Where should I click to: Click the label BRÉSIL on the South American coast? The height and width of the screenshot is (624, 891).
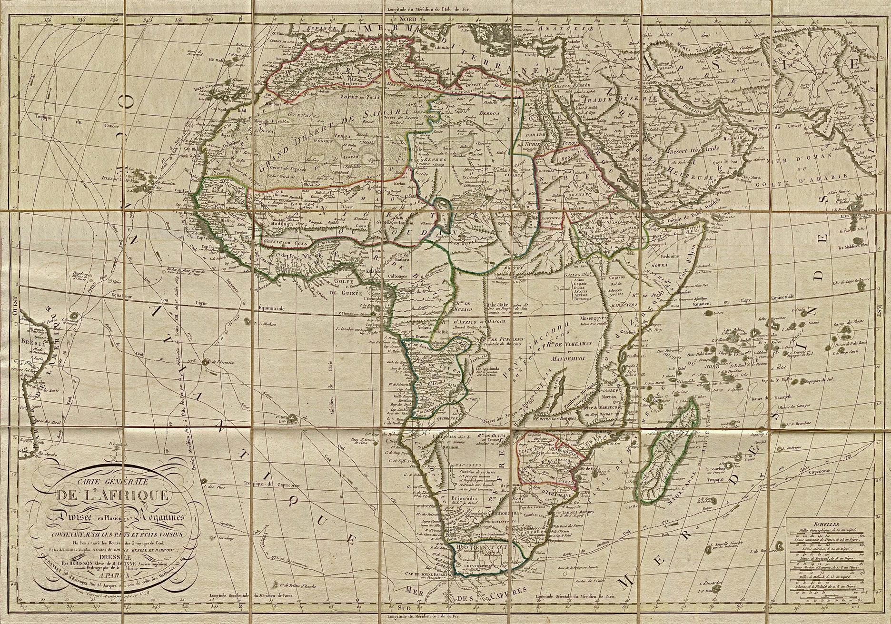(30, 341)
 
